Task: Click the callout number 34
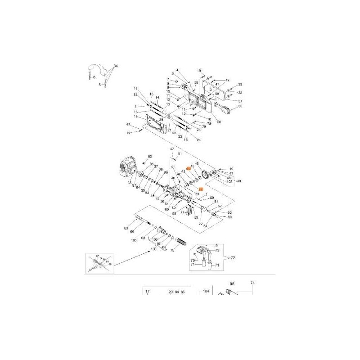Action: pos(116,66)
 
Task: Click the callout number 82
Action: pos(150,157)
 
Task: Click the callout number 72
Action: pos(233,258)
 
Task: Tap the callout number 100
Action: pos(154,249)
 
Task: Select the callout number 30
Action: pos(240,106)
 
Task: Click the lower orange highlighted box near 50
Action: pos(201,190)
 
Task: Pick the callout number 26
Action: pos(219,121)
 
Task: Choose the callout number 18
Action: pos(135,117)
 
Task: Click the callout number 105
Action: pos(134,240)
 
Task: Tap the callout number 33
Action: pos(240,85)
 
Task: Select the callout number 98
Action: pos(233,284)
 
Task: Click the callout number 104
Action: pos(207,292)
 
